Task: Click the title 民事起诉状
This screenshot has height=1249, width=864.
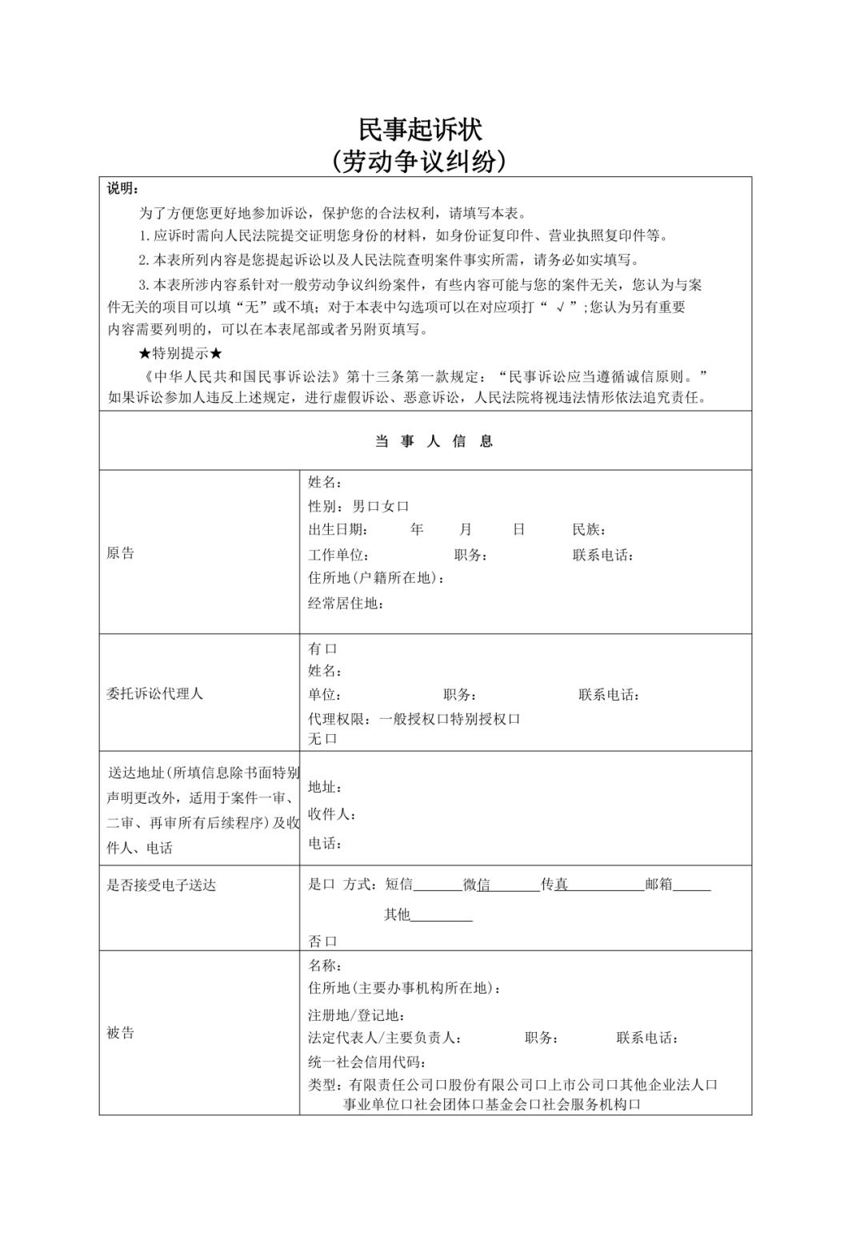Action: click(x=420, y=129)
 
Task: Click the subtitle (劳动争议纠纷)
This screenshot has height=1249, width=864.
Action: click(x=420, y=162)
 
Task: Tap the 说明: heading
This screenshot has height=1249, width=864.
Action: click(x=122, y=189)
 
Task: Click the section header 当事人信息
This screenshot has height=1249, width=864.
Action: click(x=434, y=441)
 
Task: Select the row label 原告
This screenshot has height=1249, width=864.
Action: click(x=121, y=553)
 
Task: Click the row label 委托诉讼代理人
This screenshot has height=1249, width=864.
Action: click(x=154, y=693)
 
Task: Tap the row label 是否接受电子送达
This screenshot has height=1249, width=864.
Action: click(x=162, y=885)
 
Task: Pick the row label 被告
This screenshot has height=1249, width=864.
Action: click(x=121, y=1033)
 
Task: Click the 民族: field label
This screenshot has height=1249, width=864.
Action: click(x=589, y=529)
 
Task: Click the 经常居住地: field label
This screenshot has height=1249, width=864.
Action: click(x=346, y=603)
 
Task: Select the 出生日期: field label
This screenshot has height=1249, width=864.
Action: click(x=338, y=529)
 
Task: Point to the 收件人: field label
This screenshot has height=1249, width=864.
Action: click(x=332, y=814)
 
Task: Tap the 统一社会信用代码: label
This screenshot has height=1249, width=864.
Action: click(x=367, y=1062)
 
